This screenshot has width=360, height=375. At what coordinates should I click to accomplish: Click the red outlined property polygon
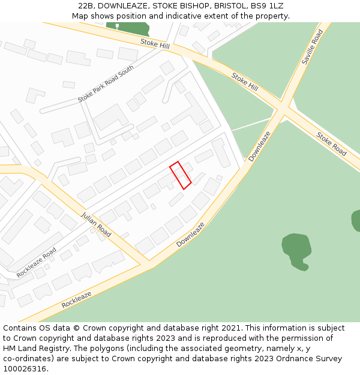[180, 175]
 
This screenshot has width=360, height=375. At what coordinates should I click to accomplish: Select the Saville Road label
[313, 47]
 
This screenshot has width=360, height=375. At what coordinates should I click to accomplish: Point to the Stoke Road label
[331, 144]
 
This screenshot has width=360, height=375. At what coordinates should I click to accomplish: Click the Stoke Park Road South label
[106, 85]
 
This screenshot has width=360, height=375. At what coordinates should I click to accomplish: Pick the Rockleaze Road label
[37, 262]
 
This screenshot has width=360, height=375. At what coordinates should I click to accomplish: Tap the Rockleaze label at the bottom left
[76, 299]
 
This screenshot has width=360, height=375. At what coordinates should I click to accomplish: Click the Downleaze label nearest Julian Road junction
[190, 235]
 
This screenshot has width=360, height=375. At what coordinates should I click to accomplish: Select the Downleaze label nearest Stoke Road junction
[260, 146]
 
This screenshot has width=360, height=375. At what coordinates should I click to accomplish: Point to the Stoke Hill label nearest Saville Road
[245, 82]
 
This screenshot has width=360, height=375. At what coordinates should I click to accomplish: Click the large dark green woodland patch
[296, 249]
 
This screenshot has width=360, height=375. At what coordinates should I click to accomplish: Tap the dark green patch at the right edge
[356, 220]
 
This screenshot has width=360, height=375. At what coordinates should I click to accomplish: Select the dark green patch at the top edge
[128, 28]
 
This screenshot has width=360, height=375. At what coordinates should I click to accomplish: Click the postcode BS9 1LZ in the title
[267, 6]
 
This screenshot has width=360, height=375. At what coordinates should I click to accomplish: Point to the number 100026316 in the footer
[24, 368]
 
